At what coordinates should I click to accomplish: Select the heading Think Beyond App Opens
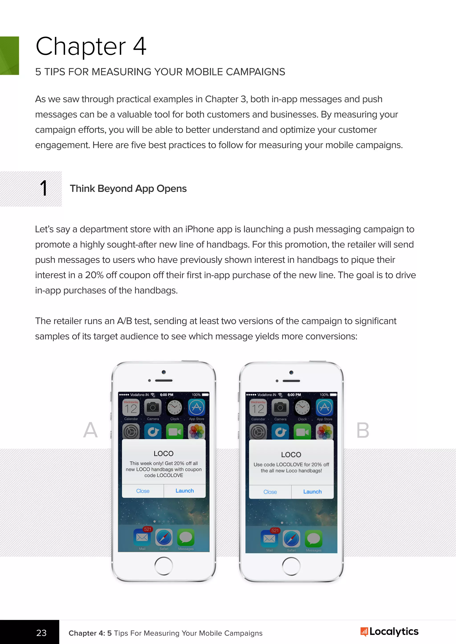click(x=128, y=189)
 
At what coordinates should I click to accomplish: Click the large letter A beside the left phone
click(x=90, y=430)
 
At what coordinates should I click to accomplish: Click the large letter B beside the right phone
click(x=362, y=430)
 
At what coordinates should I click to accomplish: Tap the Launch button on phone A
click(x=185, y=491)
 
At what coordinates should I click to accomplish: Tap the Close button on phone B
click(x=270, y=492)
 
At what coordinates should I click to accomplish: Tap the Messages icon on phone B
click(x=313, y=539)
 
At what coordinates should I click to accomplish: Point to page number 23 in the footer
click(x=41, y=633)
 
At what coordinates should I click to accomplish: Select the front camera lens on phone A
click(x=164, y=372)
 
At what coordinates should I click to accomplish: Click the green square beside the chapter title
click(x=9, y=56)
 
